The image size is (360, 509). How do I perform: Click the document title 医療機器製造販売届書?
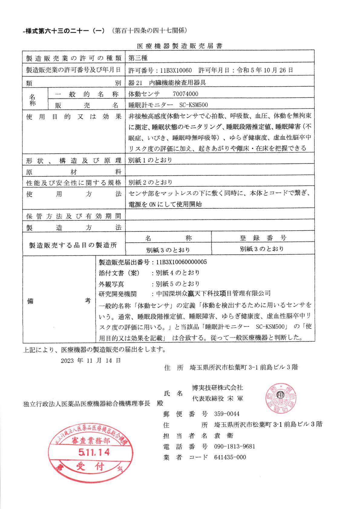tap(180, 46)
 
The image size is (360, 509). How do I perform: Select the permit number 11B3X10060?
tap(176, 71)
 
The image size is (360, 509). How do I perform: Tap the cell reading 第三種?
tap(138, 58)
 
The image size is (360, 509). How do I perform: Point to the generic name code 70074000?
tap(185, 94)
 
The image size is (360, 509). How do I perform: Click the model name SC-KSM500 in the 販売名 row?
tap(194, 105)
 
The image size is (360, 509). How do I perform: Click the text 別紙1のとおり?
tap(150, 160)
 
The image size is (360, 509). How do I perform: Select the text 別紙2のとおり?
tap(150, 182)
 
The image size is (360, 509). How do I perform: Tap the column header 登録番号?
tap(263, 238)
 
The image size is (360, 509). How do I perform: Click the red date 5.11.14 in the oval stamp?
tap(94, 452)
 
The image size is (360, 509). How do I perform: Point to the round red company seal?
tap(280, 399)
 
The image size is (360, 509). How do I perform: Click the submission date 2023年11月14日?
tap(91, 360)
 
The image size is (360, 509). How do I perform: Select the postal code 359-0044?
tap(227, 414)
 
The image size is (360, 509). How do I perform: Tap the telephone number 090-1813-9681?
tap(234, 446)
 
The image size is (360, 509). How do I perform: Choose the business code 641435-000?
tap(230, 457)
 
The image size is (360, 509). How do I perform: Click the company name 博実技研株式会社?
tap(217, 388)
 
